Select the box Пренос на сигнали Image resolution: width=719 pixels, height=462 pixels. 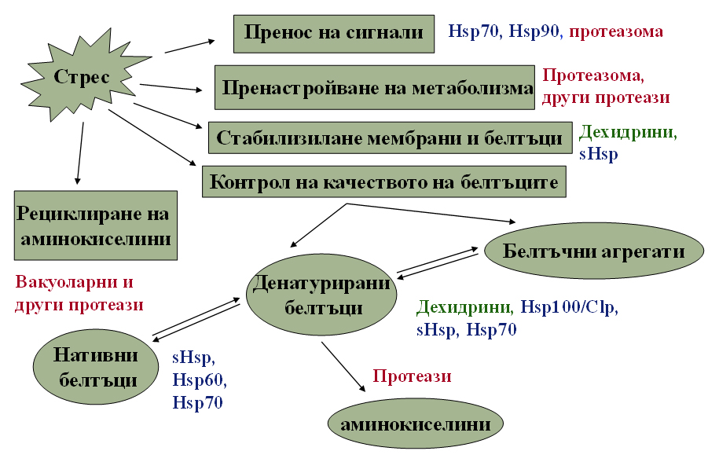(334, 34)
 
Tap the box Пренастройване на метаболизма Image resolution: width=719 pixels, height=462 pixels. (375, 87)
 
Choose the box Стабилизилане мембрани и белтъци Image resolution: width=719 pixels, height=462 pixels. (391, 137)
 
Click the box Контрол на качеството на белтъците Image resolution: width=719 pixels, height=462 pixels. (384, 182)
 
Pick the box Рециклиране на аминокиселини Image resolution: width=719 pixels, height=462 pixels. (96, 225)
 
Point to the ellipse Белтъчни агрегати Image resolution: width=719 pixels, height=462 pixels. (594, 251)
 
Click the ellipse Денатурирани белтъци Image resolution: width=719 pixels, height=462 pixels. (321, 295)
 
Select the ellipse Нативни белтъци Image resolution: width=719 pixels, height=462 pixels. (96, 367)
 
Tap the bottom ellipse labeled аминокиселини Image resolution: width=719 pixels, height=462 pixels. (416, 424)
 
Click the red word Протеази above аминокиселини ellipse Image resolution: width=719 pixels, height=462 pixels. (412, 376)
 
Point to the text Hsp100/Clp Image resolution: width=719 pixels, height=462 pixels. (569, 306)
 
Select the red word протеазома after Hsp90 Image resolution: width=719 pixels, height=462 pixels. (616, 31)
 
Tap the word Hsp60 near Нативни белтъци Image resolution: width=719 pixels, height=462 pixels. (198, 380)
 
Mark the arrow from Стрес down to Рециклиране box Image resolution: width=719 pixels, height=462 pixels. (80, 153)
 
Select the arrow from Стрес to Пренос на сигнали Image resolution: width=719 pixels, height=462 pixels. (190, 46)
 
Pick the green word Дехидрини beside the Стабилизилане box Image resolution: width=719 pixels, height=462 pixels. (627, 133)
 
